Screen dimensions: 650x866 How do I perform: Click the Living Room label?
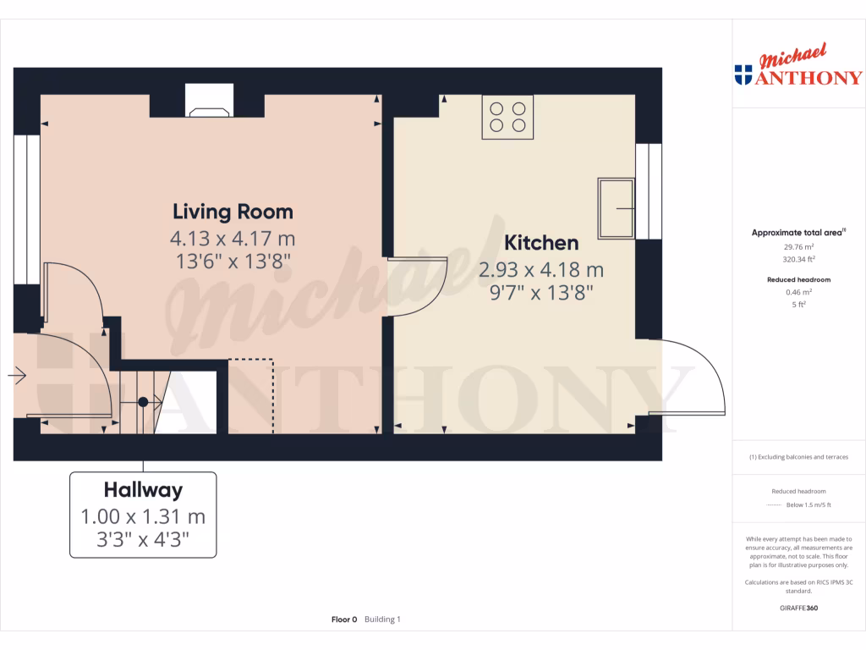click(x=233, y=212)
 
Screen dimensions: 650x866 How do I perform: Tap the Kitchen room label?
click(x=541, y=243)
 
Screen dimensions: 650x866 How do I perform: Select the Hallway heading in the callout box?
click(x=143, y=489)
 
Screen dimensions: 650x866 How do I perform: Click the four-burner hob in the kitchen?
click(x=507, y=118)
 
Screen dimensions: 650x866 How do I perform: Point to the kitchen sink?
click(x=616, y=208)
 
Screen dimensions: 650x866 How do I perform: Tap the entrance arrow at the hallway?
click(x=18, y=375)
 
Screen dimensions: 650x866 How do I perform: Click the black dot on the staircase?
click(x=143, y=402)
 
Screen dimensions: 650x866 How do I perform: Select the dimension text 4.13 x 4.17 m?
click(x=233, y=238)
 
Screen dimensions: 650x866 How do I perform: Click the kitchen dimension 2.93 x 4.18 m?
click(x=541, y=271)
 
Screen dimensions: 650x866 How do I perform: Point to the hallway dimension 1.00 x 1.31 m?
click(x=143, y=516)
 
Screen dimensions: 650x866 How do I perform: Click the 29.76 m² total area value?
click(x=798, y=246)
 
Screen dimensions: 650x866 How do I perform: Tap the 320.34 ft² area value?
click(x=798, y=259)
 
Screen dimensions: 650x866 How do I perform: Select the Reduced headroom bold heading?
click(x=798, y=279)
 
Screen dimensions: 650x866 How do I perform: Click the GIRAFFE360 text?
click(x=798, y=608)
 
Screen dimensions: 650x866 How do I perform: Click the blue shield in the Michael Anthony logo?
click(x=743, y=75)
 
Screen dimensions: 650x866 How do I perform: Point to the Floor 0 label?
click(x=344, y=620)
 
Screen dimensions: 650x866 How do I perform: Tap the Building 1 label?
click(x=382, y=620)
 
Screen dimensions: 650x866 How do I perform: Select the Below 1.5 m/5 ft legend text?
click(x=808, y=505)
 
